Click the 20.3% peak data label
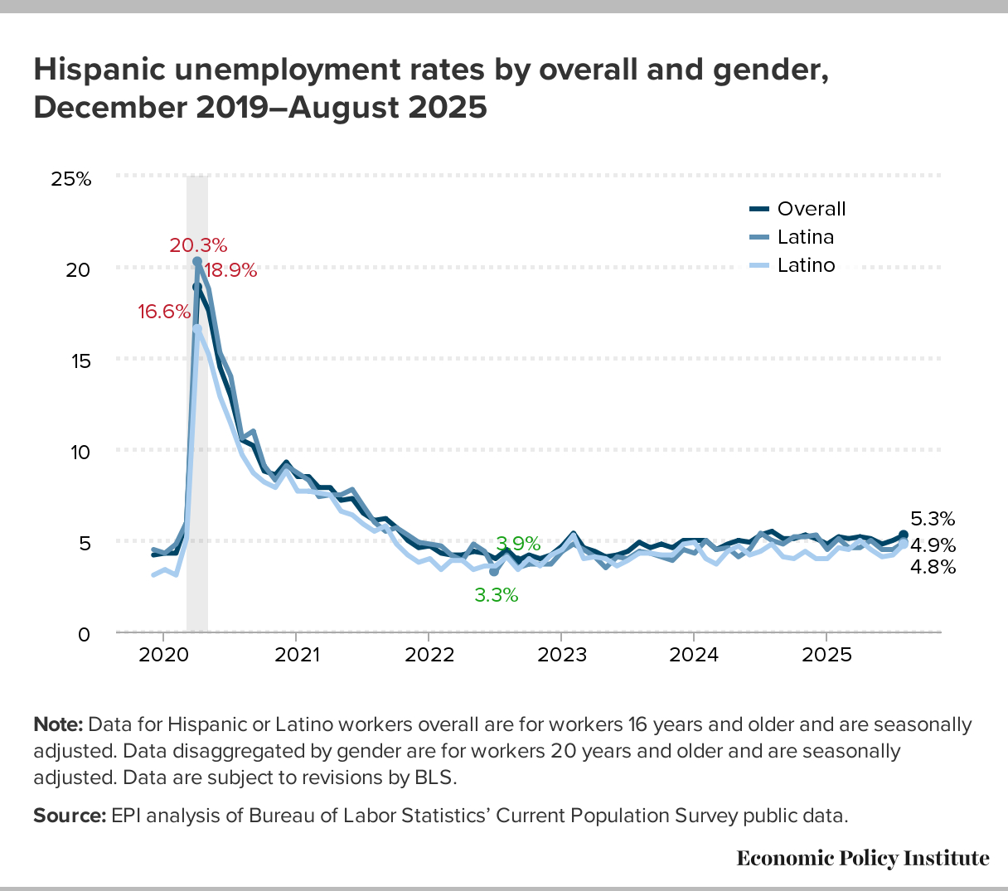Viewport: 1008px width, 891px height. click(x=198, y=245)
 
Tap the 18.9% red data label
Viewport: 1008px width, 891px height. click(x=230, y=270)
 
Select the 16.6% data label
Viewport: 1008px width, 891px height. click(x=164, y=312)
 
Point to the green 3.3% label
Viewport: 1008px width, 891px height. click(x=496, y=594)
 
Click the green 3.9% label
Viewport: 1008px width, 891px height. click(x=518, y=544)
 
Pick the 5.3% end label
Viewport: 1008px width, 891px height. click(x=933, y=520)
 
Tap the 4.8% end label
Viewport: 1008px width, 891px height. click(x=933, y=568)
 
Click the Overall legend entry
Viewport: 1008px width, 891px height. click(x=811, y=209)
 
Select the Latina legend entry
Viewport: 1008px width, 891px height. click(x=805, y=237)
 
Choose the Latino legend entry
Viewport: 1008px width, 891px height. click(x=805, y=265)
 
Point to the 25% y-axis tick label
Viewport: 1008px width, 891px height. click(x=71, y=178)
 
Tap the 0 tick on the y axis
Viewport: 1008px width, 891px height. click(x=84, y=634)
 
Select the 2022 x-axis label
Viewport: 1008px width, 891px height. click(x=429, y=655)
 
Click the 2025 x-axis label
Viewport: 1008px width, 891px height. click(x=826, y=655)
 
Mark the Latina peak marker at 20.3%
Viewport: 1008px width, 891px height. click(x=197, y=261)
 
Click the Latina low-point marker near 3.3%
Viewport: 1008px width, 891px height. click(x=494, y=572)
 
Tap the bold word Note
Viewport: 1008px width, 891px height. click(x=58, y=725)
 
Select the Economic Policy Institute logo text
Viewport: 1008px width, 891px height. click(x=862, y=858)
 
